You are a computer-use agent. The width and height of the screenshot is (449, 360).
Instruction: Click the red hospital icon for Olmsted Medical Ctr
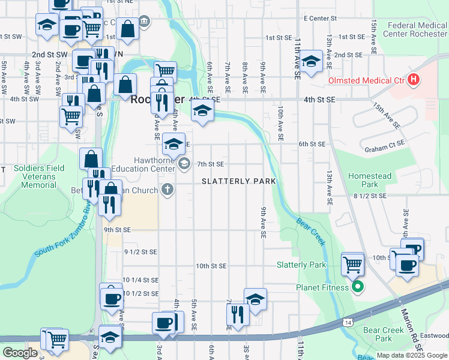point(412,79)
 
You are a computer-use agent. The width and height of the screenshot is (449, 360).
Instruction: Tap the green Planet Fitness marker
point(358,287)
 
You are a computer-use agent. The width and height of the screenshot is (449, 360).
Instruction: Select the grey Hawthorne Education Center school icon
point(184,163)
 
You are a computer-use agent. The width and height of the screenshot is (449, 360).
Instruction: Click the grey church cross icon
point(167,190)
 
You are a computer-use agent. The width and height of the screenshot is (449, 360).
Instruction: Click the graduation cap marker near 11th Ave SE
point(310,61)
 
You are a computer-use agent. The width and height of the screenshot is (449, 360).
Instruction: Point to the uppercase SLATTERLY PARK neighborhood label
point(238,181)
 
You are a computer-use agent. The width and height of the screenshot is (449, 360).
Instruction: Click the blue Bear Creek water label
point(310,231)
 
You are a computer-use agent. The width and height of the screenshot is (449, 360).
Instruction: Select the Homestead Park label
point(370,180)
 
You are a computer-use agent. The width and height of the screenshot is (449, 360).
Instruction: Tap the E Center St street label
point(322,18)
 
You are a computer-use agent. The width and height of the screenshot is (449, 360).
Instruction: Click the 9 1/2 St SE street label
point(140,252)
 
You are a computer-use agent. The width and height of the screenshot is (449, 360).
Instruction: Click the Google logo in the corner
point(20,353)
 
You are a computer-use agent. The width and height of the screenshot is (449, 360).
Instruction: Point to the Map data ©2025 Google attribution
point(411,355)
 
